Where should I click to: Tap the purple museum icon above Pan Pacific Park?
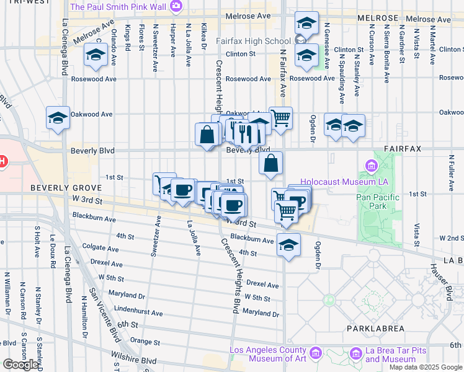[x=372, y=166]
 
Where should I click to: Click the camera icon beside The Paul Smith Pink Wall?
[x=176, y=7]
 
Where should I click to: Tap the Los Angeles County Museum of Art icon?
[x=316, y=354]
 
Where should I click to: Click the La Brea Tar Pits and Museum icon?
[x=356, y=354]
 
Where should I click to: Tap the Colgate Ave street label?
[x=100, y=249]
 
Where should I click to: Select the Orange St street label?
[x=145, y=342]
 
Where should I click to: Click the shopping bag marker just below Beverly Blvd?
[x=271, y=164]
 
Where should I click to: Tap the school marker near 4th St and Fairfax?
[x=289, y=245]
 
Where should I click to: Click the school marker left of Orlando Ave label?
[x=96, y=55]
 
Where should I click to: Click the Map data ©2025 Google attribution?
[x=426, y=367]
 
